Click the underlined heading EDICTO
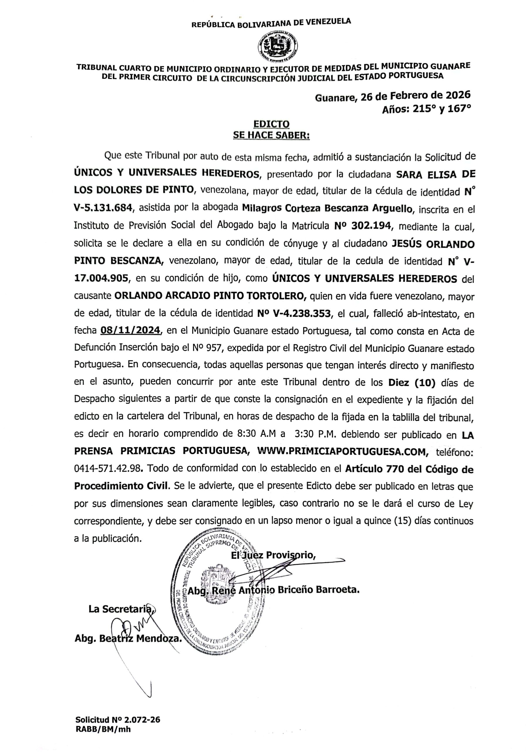tap(271, 124)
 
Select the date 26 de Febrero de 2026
tap(415, 96)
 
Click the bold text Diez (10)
tap(412, 382)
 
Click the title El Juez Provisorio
tap(273, 555)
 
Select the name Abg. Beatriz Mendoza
tap(128, 638)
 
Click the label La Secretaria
tap(122, 609)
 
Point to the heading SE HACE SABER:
tap(271, 135)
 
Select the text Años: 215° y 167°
tap(426, 109)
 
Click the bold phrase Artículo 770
tap(374, 469)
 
